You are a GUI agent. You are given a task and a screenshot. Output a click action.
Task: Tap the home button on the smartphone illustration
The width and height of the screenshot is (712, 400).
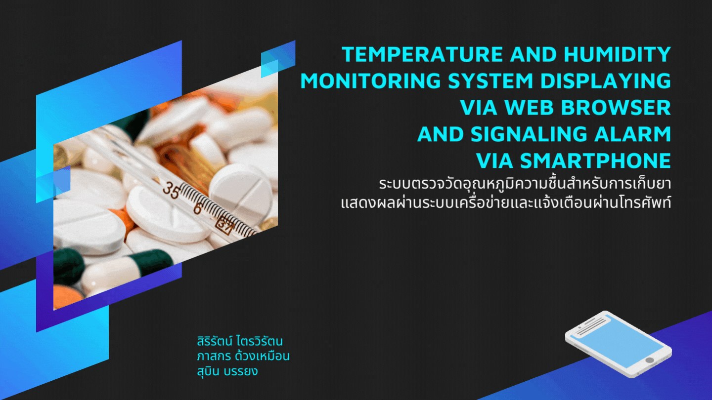[649, 360]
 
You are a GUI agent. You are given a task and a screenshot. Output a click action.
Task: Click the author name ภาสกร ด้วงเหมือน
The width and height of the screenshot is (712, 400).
[242, 356]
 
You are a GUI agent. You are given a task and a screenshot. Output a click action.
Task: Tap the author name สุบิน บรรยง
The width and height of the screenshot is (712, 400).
[227, 371]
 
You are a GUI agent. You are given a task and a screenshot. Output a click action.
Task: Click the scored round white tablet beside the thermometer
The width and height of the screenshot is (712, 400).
[240, 190]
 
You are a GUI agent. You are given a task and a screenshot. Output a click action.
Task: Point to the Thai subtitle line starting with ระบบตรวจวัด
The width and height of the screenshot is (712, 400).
[525, 185]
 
